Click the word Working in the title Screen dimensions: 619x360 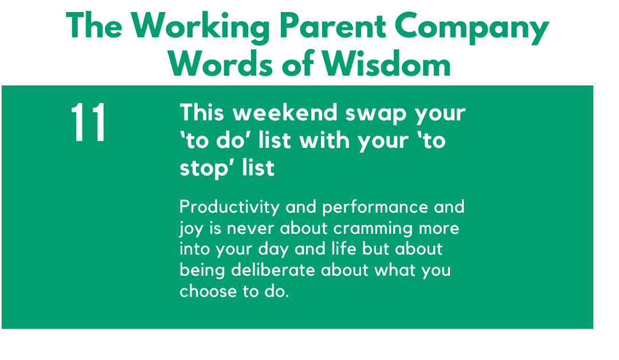click(x=200, y=28)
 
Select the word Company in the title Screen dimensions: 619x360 click(x=472, y=28)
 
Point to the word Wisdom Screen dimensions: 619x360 click(x=386, y=64)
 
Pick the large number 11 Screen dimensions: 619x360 click(x=88, y=122)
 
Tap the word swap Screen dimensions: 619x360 click(x=376, y=115)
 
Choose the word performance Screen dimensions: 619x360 click(x=375, y=208)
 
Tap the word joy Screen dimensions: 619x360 click(x=191, y=229)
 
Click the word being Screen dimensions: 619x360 click(x=202, y=271)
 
